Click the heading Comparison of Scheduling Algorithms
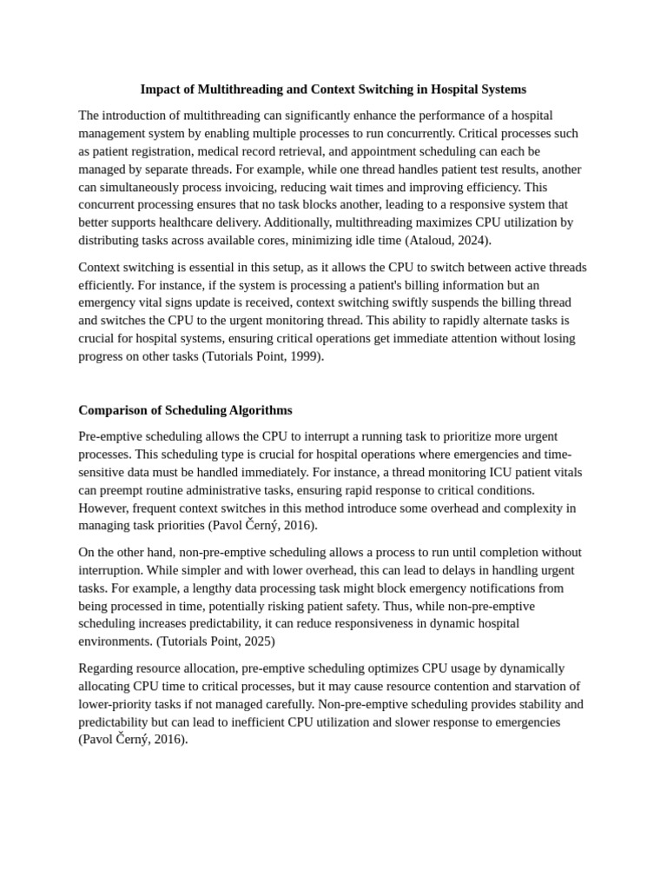(x=185, y=410)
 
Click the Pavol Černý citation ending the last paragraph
(x=133, y=740)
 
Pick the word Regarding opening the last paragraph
(x=105, y=668)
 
